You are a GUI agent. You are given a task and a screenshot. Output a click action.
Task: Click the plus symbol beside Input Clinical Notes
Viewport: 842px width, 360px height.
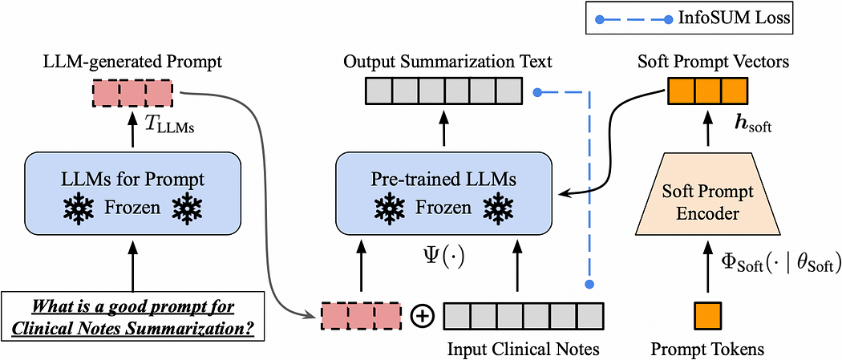pos(422,315)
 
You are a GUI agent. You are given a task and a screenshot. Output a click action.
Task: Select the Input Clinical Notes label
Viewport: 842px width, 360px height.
pos(523,349)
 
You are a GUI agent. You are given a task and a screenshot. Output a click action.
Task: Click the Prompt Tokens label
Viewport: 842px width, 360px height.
pos(707,349)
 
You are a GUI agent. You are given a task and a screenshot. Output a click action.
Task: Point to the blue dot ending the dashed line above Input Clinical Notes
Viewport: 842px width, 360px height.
pos(589,284)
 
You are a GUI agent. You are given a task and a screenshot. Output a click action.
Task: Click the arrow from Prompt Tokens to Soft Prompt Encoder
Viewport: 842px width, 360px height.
pos(707,268)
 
